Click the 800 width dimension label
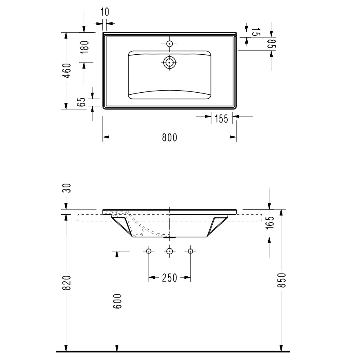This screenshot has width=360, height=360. tap(169, 138)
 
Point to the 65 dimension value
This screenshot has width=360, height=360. tap(81, 102)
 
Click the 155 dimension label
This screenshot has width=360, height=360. tap(221, 119)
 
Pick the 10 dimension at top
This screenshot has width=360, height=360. tap(105, 12)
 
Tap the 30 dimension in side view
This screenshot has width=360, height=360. tap(67, 188)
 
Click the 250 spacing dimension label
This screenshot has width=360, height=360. tap(169, 278)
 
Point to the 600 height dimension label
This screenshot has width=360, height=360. tap(117, 301)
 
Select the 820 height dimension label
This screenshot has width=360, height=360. tap(67, 282)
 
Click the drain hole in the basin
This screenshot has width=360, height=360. tap(169, 62)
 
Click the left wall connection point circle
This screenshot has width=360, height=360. tap(149, 251)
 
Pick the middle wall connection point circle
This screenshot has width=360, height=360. tap(169, 251)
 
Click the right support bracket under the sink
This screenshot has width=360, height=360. tap(217, 226)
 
